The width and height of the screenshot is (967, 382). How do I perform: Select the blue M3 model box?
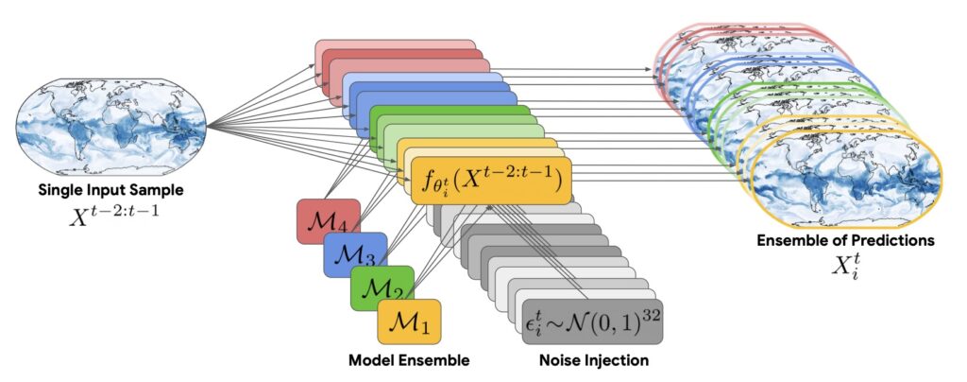[x=354, y=253]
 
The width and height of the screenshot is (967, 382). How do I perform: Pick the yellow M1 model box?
[x=409, y=321]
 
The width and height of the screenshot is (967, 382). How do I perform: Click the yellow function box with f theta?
[x=490, y=179]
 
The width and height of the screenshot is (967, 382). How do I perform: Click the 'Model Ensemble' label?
[x=410, y=360]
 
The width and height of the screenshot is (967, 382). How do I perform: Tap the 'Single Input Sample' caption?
[x=112, y=190]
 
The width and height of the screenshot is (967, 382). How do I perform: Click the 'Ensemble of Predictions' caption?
[x=845, y=240]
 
